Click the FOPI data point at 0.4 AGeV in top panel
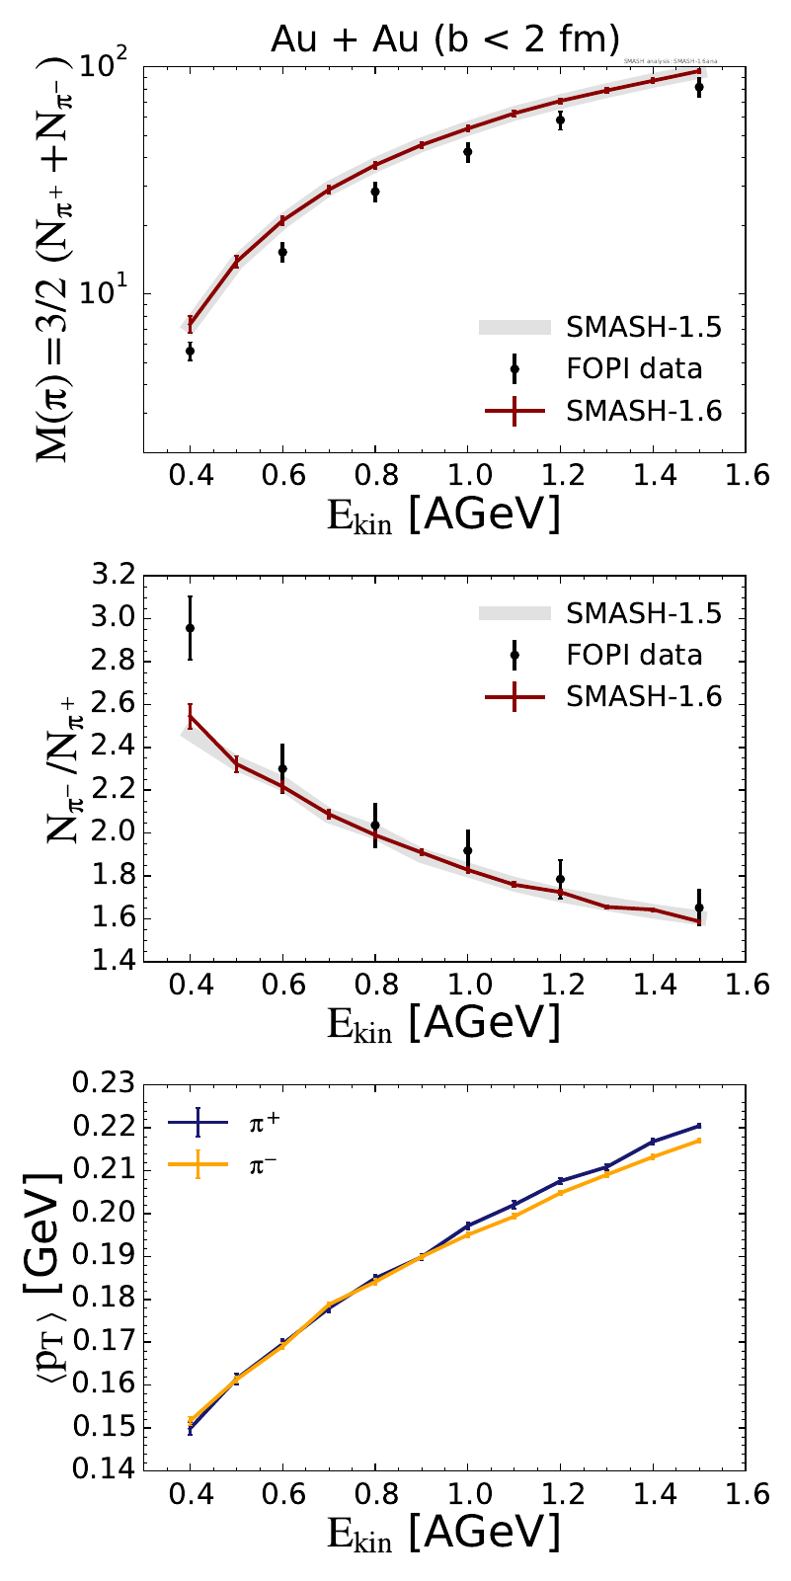click(x=190, y=351)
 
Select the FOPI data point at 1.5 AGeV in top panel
click(x=699, y=87)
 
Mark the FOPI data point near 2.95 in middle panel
click(x=190, y=628)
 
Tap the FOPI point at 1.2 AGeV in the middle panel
click(x=560, y=879)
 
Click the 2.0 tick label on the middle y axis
click(x=108, y=832)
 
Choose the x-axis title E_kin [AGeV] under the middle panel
click(x=444, y=1022)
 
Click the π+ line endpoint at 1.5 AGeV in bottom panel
click(x=699, y=1126)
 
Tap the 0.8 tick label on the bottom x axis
click(x=374, y=1497)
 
